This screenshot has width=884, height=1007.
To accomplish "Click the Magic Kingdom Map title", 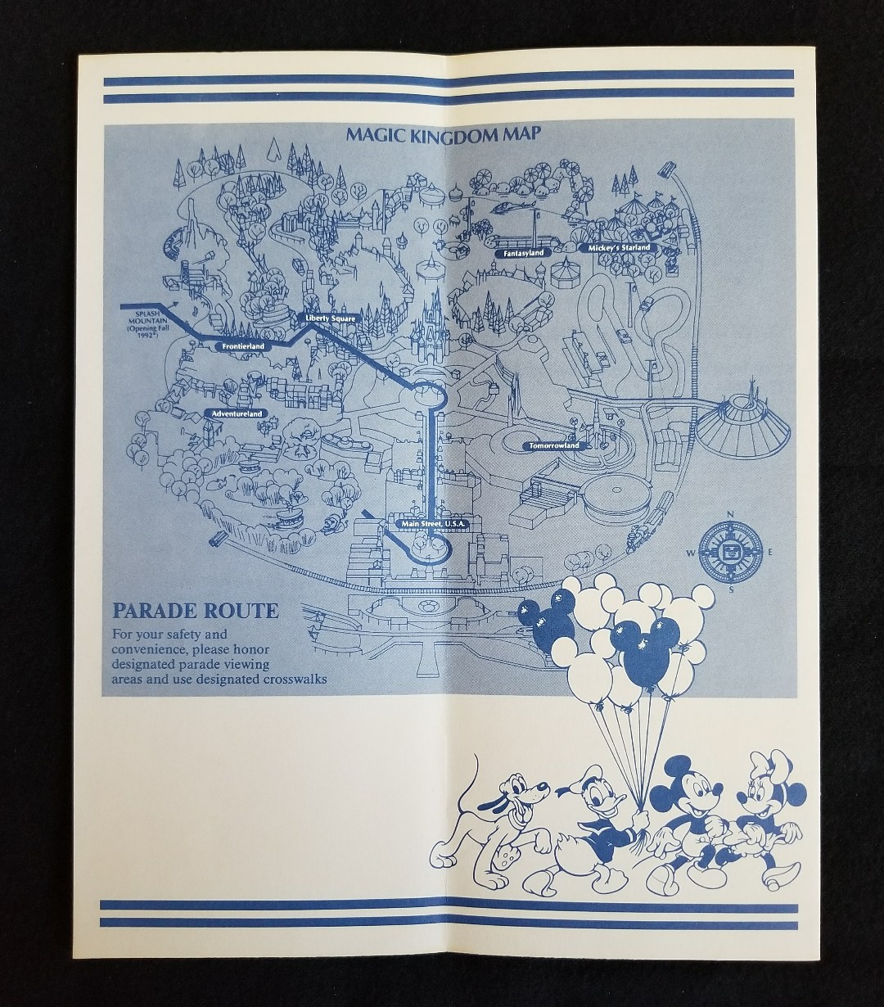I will (x=442, y=133).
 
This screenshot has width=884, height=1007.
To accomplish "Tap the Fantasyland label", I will (x=519, y=254).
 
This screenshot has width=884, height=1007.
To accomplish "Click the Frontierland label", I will (x=242, y=346).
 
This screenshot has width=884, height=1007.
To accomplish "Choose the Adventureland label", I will (x=237, y=414).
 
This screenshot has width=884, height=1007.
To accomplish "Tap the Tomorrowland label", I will (x=554, y=445).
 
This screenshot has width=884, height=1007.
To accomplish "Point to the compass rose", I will (x=730, y=552).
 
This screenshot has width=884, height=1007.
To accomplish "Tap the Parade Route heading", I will (x=195, y=611).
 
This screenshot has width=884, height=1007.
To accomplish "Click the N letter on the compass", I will (x=730, y=515).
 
